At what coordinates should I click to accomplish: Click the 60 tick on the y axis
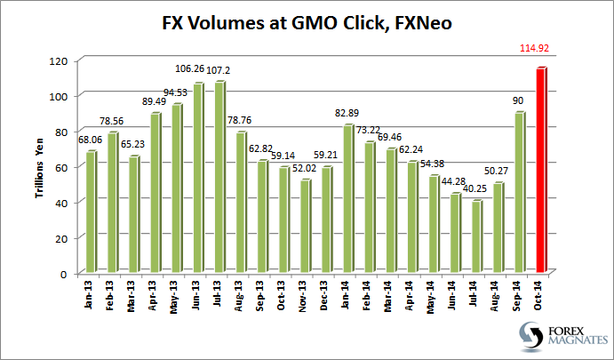(61, 167)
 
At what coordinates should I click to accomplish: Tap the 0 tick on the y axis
(64, 274)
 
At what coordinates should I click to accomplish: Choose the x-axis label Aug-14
(498, 295)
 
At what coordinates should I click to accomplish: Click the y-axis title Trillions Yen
(41, 166)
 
